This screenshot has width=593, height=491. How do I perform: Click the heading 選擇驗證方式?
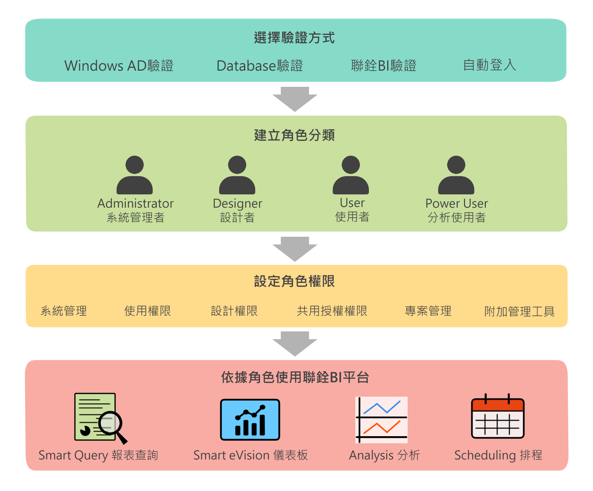[x=294, y=38]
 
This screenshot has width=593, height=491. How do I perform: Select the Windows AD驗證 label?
[x=119, y=66]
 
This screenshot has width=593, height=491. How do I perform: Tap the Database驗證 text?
[x=260, y=66]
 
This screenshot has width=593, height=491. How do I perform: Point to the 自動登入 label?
[x=489, y=65]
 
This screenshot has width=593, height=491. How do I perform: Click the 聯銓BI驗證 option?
[x=383, y=66]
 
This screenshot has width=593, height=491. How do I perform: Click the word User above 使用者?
[x=352, y=203]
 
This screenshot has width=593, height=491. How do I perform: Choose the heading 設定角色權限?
[x=294, y=281]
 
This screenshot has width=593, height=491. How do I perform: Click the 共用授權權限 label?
[x=332, y=311]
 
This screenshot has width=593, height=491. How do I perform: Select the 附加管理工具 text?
[x=519, y=311]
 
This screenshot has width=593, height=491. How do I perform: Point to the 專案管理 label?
[x=428, y=311]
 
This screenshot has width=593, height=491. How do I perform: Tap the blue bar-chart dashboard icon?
[x=250, y=420]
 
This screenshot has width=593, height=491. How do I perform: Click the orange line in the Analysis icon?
[x=381, y=428]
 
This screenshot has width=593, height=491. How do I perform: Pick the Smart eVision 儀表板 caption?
[x=250, y=455]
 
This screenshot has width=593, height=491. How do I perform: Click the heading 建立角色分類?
[x=294, y=135]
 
